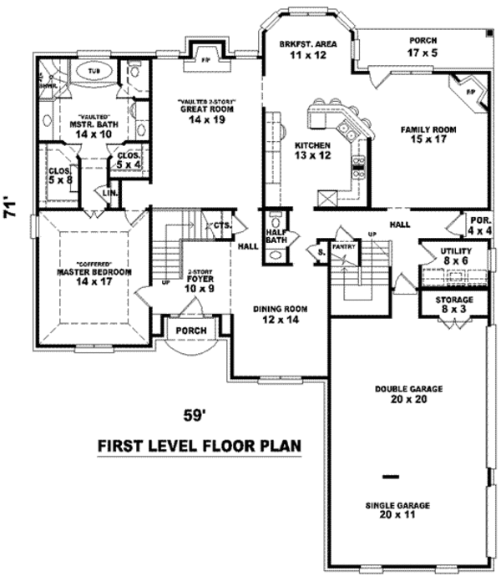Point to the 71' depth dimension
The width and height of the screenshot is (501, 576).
[x=12, y=206]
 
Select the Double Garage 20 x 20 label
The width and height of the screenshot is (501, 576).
[x=409, y=393]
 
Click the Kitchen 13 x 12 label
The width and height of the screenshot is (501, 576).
[x=313, y=149]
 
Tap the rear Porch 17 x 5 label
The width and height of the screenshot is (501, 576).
[x=423, y=46]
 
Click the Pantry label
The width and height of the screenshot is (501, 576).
[x=345, y=248]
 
